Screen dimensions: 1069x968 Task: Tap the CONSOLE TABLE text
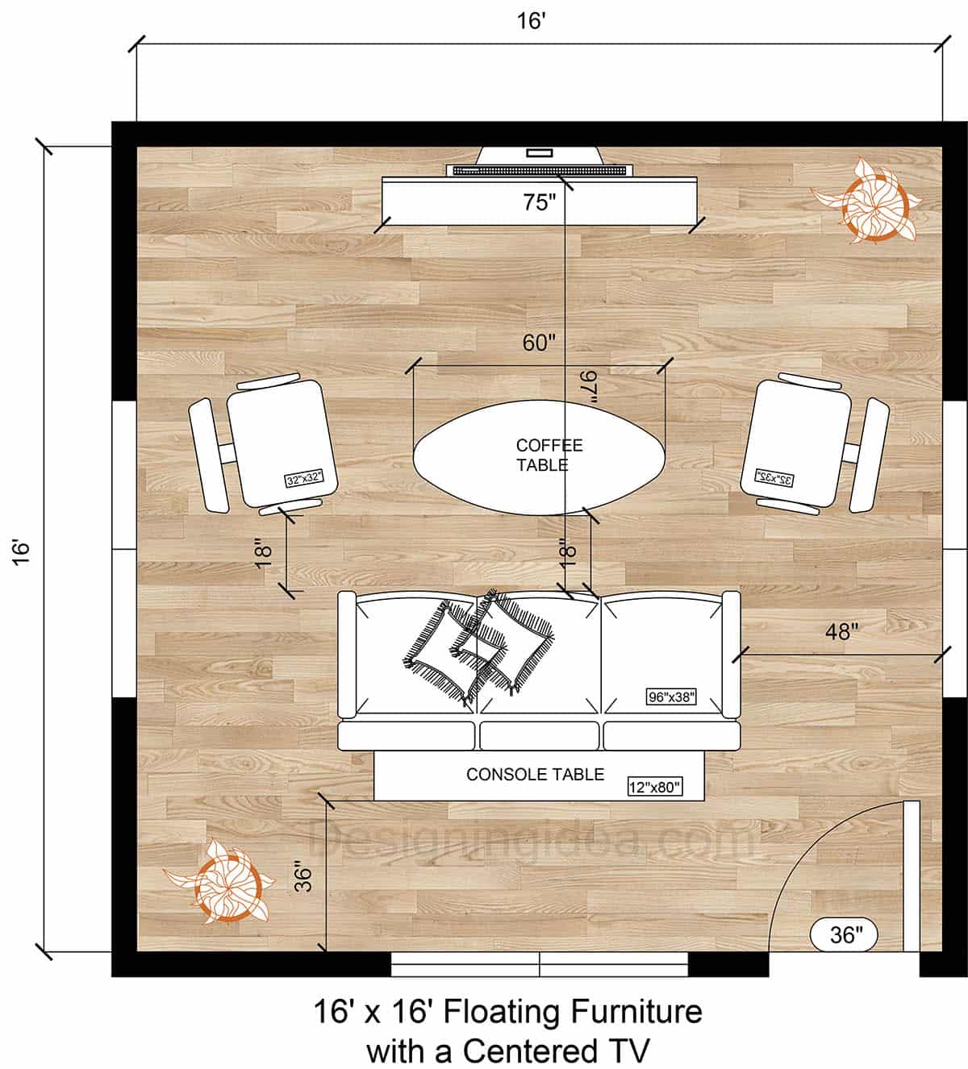pyautogui.click(x=535, y=775)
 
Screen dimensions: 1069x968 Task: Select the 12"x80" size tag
pyautogui.click(x=655, y=788)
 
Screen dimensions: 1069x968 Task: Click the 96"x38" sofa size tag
pyautogui.click(x=670, y=697)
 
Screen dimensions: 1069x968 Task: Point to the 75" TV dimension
pyautogui.click(x=539, y=202)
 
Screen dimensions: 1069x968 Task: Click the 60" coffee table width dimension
pyautogui.click(x=539, y=343)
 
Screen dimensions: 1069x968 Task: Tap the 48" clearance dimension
pyautogui.click(x=839, y=631)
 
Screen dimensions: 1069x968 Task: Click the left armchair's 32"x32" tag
pyautogui.click(x=304, y=479)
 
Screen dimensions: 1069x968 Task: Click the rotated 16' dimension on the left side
pyautogui.click(x=22, y=551)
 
